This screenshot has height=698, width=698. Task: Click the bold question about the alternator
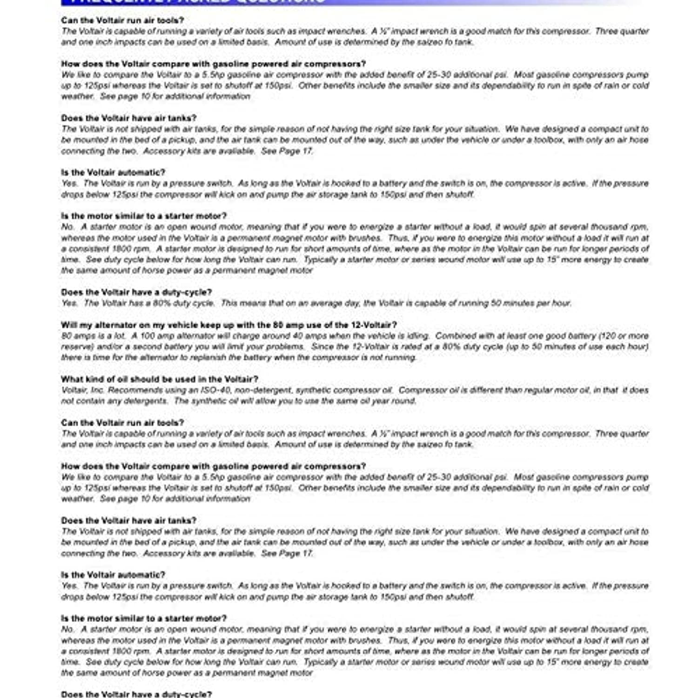pos(229,325)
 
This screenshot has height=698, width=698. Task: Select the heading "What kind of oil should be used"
pos(160,379)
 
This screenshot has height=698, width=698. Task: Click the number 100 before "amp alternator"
pos(147,336)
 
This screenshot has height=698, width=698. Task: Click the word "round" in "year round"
pos(403,401)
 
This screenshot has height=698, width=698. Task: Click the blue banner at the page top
pos(326,2)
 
